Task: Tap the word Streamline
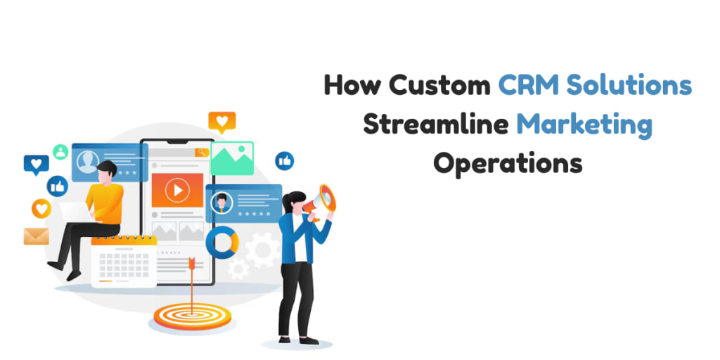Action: pos(435,124)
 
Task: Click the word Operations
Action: pos(507,164)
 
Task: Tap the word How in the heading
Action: pos(353,86)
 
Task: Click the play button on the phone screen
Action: pos(177,190)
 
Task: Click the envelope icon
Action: pos(36,236)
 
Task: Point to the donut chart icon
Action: pos(222,242)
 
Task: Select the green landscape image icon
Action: pos(231,159)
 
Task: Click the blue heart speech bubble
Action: pos(36,165)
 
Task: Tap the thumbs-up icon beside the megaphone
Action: pos(285,161)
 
